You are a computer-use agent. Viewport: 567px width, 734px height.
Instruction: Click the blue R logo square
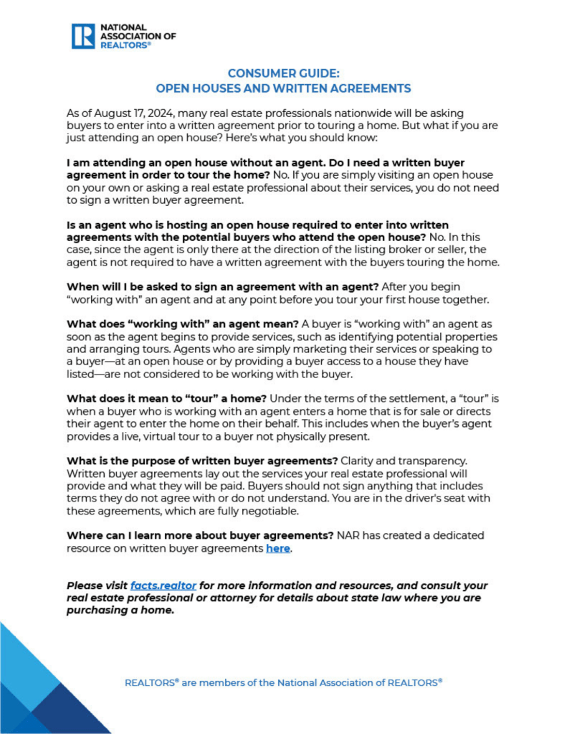click(83, 35)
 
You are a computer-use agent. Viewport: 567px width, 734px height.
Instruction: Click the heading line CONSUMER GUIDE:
click(283, 74)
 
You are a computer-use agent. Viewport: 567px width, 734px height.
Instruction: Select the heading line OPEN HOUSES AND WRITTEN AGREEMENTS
click(283, 88)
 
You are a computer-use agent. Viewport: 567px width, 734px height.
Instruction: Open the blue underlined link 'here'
click(278, 548)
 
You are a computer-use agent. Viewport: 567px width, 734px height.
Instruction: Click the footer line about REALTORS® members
click(283, 682)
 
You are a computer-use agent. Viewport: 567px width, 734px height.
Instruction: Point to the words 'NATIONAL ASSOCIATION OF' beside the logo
click(138, 32)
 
